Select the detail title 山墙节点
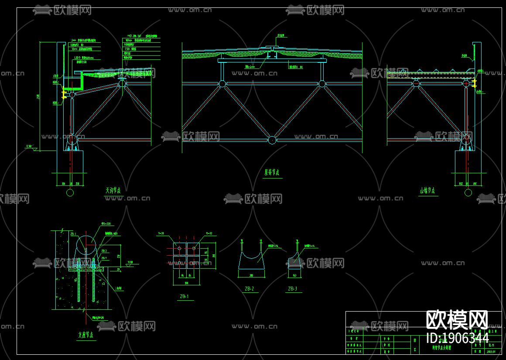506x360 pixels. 428,191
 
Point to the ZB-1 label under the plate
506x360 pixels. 185,297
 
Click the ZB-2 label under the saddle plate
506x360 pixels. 249,288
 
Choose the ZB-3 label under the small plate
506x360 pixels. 292,288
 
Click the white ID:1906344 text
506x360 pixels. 457,338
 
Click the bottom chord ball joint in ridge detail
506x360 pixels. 272,140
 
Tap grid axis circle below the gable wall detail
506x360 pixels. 468,192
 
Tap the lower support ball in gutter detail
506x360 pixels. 71,139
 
